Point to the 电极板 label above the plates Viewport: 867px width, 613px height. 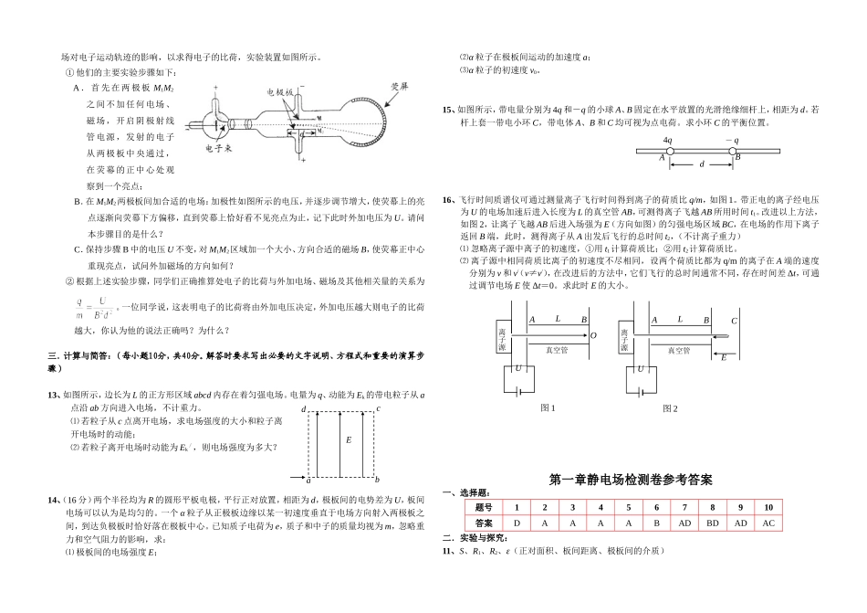tap(279, 93)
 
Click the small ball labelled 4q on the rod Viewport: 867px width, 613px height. tap(669, 151)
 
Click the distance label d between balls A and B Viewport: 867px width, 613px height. tap(701, 165)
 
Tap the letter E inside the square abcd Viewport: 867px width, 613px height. tap(349, 439)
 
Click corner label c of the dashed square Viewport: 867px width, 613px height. tap(378, 408)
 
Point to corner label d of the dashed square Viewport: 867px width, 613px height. tap(303, 408)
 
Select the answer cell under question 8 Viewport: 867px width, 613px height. tap(711, 523)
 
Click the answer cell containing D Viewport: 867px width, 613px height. tap(517, 523)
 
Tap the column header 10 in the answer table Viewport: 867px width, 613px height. tap(768, 507)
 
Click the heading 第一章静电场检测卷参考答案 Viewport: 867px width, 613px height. tap(631, 480)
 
